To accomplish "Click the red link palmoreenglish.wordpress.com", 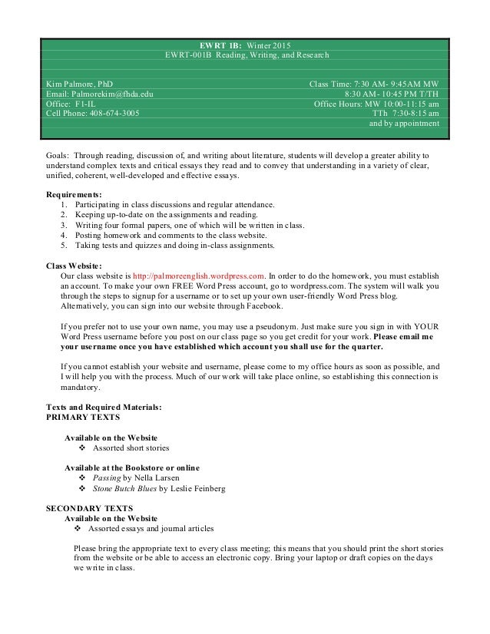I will [x=199, y=275].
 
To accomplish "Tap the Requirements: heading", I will [x=74, y=194].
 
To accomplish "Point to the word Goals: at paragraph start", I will [x=59, y=154].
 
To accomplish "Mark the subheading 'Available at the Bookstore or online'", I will [x=131, y=467].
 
